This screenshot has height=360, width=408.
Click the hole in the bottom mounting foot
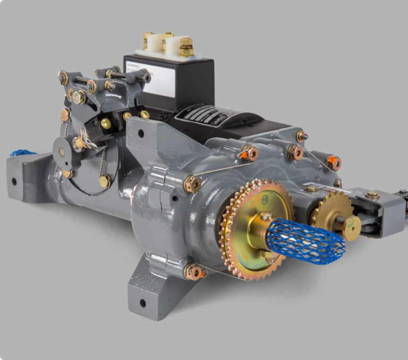[142, 304]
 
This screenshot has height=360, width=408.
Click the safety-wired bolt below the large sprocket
[193, 272]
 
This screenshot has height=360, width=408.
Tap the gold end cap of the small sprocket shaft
[351, 228]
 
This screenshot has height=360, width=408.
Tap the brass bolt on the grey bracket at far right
[372, 195]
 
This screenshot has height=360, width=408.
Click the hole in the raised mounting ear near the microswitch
[140, 133]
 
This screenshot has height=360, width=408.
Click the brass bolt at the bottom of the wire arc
[105, 181]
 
